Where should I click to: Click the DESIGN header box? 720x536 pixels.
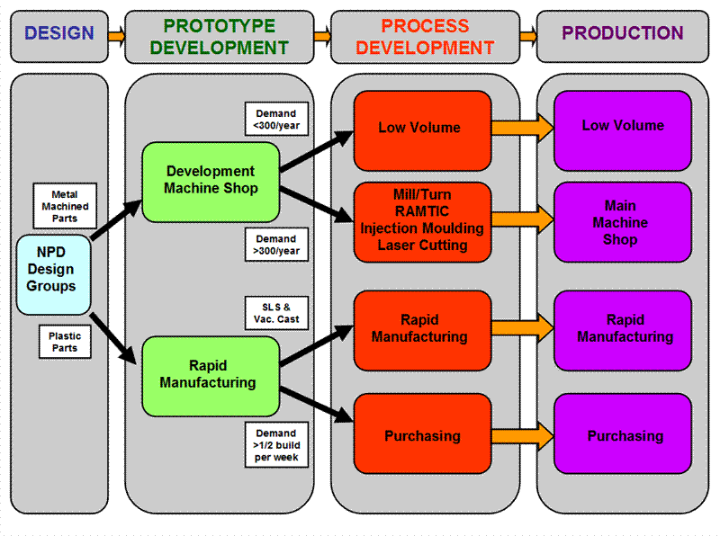[58, 34]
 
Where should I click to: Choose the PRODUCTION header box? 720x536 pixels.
[622, 34]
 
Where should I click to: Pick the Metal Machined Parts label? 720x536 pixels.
[64, 206]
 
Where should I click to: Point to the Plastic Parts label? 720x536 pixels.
[64, 343]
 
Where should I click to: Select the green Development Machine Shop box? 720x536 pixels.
[211, 180]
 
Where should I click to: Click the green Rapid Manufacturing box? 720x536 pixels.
[208, 374]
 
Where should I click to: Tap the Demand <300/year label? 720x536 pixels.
[276, 120]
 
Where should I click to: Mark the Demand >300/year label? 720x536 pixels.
[276, 246]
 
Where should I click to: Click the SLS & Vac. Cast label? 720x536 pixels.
[276, 314]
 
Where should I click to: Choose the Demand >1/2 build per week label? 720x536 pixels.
[276, 444]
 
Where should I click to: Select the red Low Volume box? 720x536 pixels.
[422, 129]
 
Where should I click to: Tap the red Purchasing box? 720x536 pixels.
[422, 436]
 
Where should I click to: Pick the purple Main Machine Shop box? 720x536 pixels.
[622, 222]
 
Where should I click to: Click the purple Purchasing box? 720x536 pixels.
[622, 436]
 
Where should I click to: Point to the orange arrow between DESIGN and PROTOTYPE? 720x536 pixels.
[115, 36]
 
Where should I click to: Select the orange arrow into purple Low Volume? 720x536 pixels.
[522, 129]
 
